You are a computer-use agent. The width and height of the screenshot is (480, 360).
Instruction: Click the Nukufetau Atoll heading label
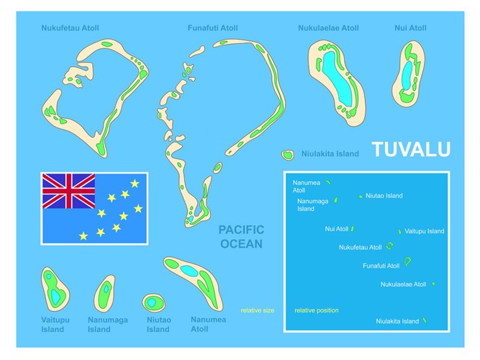[x=70, y=28]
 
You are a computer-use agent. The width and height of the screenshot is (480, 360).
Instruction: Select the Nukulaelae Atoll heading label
[x=328, y=28]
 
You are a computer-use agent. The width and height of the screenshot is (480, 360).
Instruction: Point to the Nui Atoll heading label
[x=410, y=28]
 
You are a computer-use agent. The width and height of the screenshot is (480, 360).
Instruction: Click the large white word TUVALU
[x=411, y=149]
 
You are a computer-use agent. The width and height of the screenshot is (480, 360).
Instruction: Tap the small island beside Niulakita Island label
[x=287, y=155]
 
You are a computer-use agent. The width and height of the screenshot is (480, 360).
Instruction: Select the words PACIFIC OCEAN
[x=241, y=236]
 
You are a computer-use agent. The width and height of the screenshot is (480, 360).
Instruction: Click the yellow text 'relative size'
[x=257, y=310]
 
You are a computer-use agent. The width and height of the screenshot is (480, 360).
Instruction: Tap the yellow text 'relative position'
[x=316, y=310]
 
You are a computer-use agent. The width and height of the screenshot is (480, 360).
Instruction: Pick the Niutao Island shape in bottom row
[x=153, y=301]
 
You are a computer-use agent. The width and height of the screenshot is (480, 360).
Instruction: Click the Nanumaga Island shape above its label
[x=105, y=292]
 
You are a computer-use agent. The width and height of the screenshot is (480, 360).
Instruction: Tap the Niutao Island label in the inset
[x=384, y=196]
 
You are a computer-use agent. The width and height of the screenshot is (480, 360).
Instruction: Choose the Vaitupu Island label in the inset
[x=425, y=231]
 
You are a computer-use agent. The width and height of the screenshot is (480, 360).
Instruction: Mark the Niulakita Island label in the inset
[x=397, y=321]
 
